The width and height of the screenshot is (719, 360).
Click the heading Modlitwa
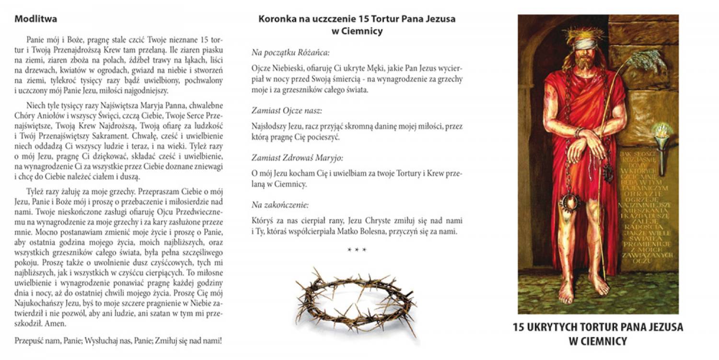pos(36,20)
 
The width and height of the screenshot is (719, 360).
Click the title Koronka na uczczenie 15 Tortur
pos(357,20)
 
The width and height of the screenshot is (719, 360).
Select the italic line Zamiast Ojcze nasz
pos(287,111)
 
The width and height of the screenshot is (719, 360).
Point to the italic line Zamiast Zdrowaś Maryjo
pos(298,158)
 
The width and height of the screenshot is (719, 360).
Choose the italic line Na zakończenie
pos(280,205)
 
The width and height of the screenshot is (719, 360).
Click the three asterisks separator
pos(357,250)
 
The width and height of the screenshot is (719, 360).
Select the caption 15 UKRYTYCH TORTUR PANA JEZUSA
pos(598,327)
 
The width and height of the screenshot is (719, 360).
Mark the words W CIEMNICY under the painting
pos(598,341)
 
